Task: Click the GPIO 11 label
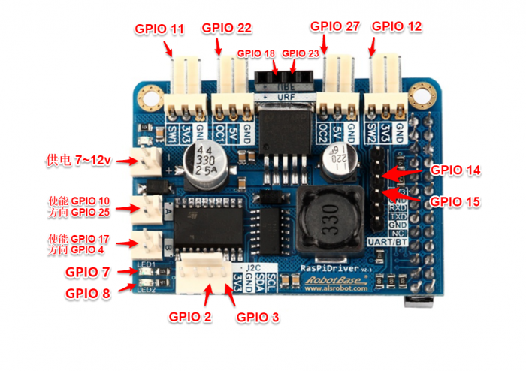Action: (x=159, y=29)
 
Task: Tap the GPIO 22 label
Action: (x=226, y=28)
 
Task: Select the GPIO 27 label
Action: (x=336, y=26)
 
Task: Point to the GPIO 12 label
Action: (x=397, y=26)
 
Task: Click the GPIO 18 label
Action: (x=256, y=53)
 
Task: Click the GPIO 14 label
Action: (x=455, y=170)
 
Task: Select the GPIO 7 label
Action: (x=88, y=272)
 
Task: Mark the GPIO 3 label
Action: (x=258, y=318)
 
